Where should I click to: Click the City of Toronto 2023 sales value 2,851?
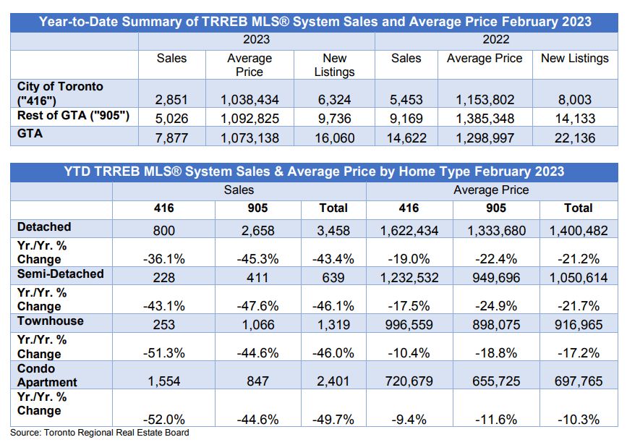coord(171,100)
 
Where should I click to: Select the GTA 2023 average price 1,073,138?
coord(249,138)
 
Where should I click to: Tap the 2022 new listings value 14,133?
coord(575,119)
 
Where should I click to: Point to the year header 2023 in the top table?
coord(256,40)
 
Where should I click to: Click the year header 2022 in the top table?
coord(496,40)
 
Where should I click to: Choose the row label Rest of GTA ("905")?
coord(73,116)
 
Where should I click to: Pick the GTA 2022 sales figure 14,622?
coord(406,138)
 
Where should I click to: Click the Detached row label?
coord(44,227)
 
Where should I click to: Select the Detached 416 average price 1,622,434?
coord(409,231)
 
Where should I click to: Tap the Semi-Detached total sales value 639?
coord(333,277)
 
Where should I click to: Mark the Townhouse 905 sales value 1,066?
coord(258,324)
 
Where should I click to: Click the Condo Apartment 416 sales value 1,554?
coord(164,381)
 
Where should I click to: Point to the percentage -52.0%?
coord(164,420)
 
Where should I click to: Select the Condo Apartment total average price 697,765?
coord(579,381)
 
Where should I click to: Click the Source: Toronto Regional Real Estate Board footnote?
coord(100,433)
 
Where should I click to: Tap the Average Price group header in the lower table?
coord(491,190)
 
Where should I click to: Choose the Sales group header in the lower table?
coord(239,190)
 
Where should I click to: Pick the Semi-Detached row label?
coord(60,274)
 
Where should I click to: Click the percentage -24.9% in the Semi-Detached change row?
coord(496,306)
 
